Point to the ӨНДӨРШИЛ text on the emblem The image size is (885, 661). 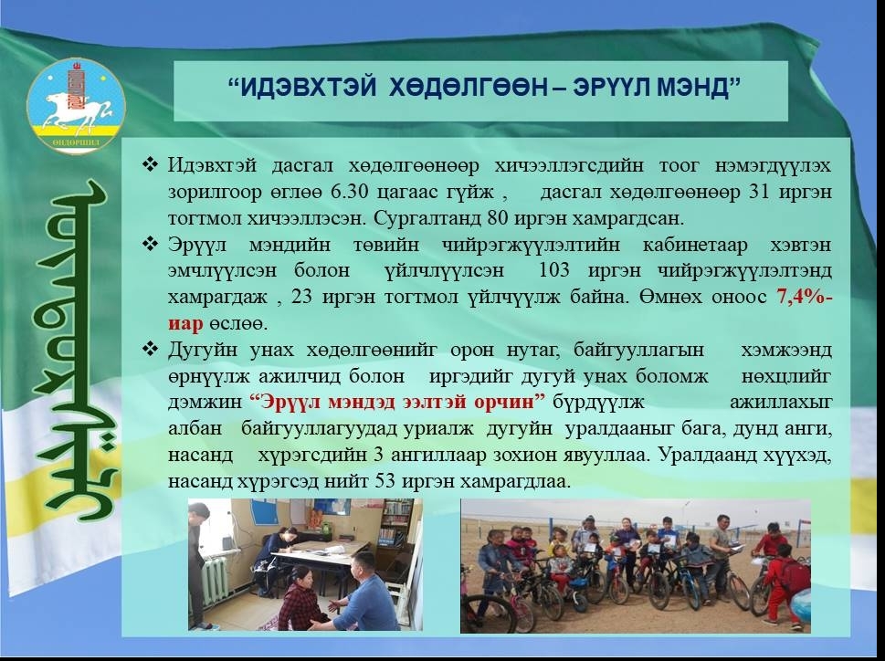(76, 142)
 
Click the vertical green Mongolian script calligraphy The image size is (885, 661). (74, 351)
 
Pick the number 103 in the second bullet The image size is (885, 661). (554, 270)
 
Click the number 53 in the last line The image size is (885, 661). (384, 481)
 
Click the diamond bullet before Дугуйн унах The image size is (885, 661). (151, 350)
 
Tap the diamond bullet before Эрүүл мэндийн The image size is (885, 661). (151, 245)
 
